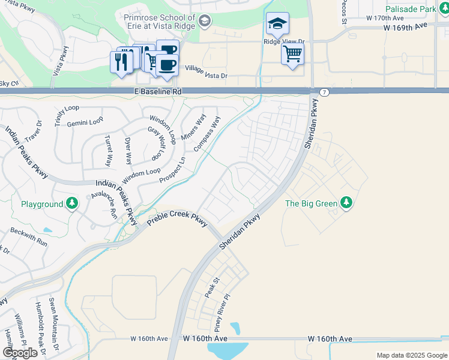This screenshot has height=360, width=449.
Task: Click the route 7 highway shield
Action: pyautogui.click(x=324, y=92)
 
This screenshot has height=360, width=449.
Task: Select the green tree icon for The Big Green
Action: pyautogui.click(x=346, y=203)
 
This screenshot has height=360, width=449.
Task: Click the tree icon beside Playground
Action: pyautogui.click(x=72, y=203)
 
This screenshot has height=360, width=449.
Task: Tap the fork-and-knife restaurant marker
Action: pyautogui.click(x=120, y=62)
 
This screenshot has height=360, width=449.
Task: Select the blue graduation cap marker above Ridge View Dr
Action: pyautogui.click(x=277, y=25)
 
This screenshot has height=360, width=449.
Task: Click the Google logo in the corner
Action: pyautogui.click(x=20, y=353)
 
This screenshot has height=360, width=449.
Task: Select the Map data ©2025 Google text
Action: pyautogui.click(x=411, y=355)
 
